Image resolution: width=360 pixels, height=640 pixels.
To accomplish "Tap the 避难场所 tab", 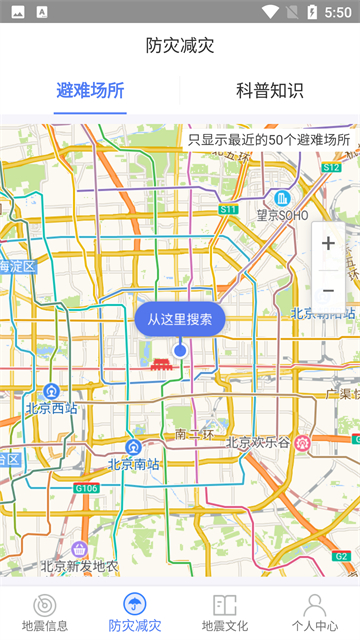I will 90,90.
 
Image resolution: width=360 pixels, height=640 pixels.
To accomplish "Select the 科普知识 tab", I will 269,90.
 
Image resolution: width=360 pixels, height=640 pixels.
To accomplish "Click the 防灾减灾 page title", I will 180,46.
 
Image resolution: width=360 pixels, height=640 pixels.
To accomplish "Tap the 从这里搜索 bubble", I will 180,320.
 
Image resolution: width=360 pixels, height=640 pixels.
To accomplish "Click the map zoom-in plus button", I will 328,244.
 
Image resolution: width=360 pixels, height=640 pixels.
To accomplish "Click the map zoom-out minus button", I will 328,290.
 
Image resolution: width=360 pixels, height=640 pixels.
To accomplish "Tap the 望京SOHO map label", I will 283,213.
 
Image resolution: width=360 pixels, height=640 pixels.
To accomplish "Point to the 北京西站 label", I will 51,408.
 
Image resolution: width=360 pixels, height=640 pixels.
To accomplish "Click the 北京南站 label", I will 133,463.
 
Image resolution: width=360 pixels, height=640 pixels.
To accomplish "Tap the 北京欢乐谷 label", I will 258,442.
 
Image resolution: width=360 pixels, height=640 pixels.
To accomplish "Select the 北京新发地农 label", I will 79,566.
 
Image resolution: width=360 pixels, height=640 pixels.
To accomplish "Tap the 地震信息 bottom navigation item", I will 45,611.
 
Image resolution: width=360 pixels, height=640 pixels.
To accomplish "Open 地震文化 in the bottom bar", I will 224,611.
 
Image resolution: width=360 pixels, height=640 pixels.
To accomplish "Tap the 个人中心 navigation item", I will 314,611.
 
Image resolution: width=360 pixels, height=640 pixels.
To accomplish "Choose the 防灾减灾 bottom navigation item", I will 134,611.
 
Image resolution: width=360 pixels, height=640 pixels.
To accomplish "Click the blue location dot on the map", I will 180,350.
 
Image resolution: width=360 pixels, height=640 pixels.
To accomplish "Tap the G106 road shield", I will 86,488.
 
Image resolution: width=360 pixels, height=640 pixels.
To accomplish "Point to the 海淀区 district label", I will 17,266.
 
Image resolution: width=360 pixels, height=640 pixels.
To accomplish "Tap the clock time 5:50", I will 337,11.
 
